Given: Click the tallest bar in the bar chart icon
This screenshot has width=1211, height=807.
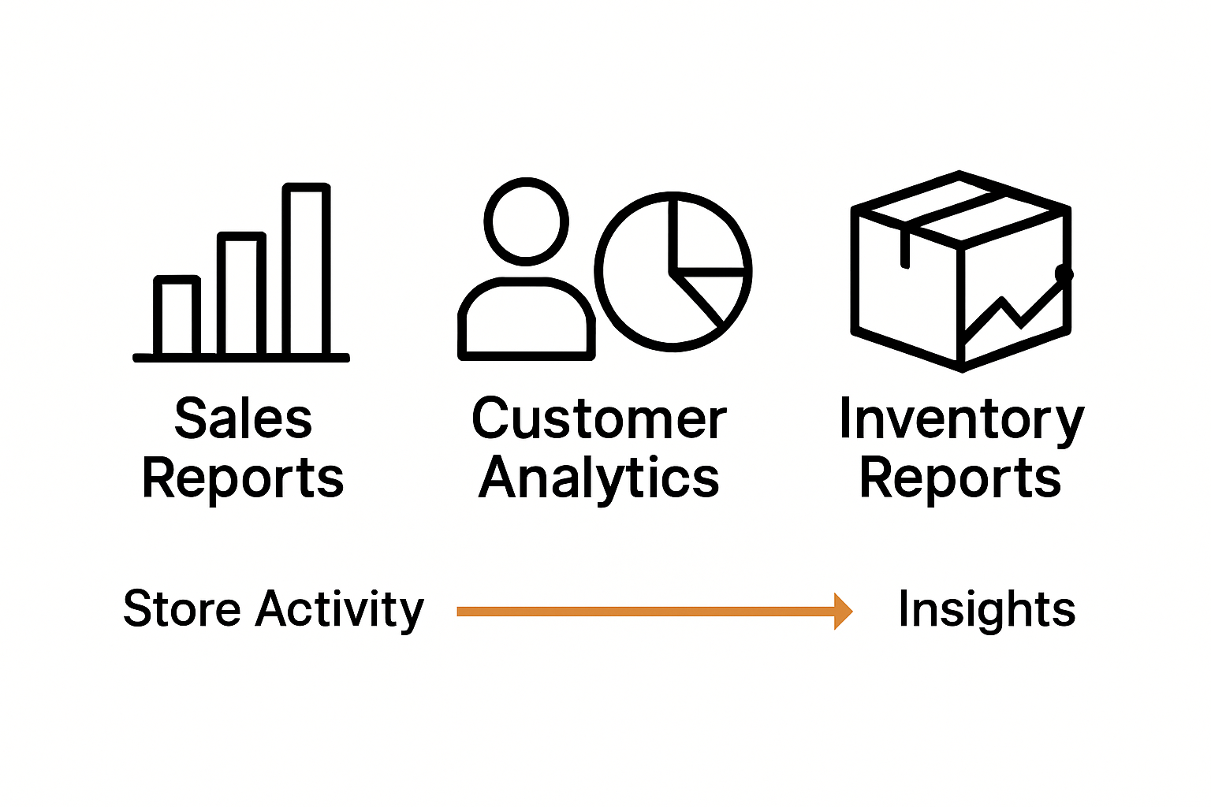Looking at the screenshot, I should tap(307, 268).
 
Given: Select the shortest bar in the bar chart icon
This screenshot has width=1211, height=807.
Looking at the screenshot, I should tap(177, 315).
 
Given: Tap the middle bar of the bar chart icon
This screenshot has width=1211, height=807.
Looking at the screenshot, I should tap(241, 293).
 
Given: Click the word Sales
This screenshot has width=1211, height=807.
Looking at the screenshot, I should tap(243, 418).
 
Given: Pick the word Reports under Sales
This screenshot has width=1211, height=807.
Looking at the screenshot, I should tap(243, 478).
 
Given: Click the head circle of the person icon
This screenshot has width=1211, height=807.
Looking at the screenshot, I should tap(526, 221).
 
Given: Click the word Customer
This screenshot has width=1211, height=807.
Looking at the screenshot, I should tap(598, 418).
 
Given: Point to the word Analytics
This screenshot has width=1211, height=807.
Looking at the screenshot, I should tap(598, 478).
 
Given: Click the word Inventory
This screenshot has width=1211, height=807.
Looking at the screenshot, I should tap(961, 418).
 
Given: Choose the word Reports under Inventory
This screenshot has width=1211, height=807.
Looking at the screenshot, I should tap(960, 478).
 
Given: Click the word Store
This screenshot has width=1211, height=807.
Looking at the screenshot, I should tap(181, 609).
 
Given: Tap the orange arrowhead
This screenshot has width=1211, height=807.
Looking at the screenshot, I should tap(843, 611).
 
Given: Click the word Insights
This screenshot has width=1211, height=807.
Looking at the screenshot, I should tap(986, 609).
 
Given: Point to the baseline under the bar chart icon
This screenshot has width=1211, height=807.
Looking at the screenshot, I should tap(241, 358).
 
